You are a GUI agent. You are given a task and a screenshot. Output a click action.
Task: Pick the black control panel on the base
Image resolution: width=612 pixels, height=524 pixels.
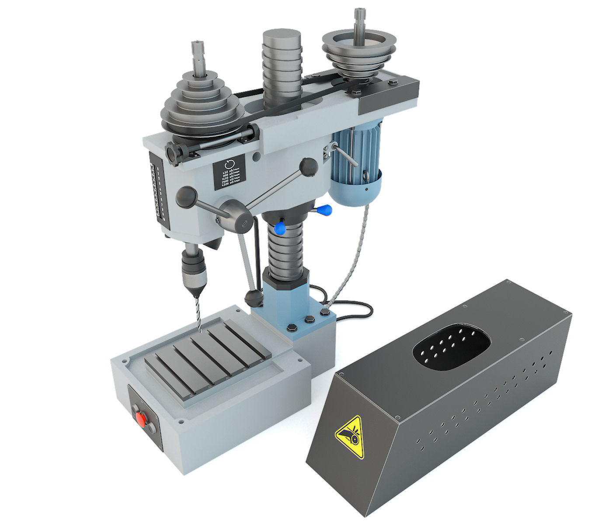144,418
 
